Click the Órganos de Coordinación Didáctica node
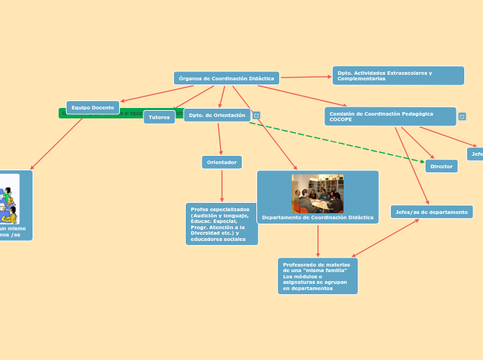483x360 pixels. click(227, 78)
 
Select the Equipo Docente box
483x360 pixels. click(93, 107)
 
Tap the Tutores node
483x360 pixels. click(159, 117)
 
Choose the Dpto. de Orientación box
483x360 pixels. click(216, 115)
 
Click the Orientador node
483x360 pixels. click(222, 162)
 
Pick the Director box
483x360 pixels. click(441, 166)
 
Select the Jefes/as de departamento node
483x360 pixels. click(432, 211)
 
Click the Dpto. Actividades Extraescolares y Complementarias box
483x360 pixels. click(398, 75)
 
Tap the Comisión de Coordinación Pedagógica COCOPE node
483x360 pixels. click(390, 116)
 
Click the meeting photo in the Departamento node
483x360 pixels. click(317, 193)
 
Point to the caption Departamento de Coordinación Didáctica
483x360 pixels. click(317, 217)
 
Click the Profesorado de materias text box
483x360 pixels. click(317, 276)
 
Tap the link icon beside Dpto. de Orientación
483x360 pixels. click(256, 116)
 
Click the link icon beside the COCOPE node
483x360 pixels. click(462, 116)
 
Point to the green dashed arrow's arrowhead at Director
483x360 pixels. click(422, 161)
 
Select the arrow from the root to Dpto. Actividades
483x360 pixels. click(306, 77)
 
